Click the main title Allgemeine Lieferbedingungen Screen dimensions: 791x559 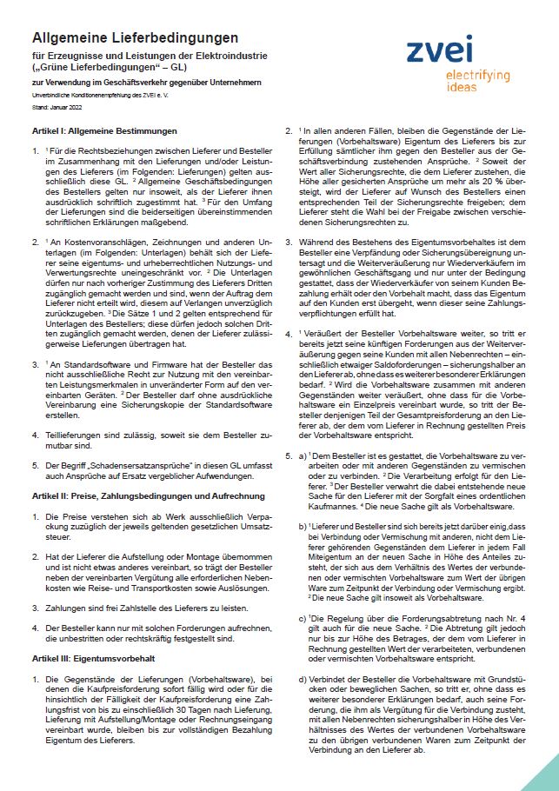tap(135, 38)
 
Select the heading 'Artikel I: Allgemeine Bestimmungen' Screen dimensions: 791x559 tap(104, 130)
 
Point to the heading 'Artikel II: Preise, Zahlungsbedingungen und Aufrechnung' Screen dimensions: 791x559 tap(148, 495)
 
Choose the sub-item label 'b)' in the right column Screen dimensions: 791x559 tap(303, 528)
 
